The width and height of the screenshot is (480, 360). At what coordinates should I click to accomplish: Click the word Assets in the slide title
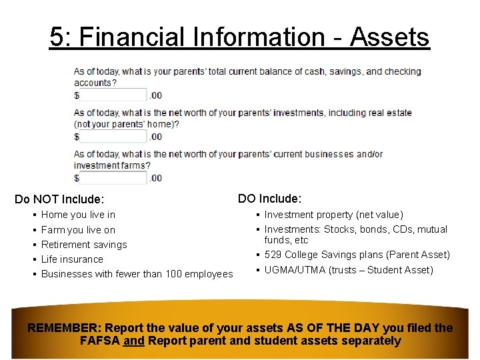click(391, 37)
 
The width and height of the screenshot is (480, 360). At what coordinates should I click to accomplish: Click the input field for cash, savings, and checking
click(113, 95)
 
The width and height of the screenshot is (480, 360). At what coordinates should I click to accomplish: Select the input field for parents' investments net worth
click(113, 137)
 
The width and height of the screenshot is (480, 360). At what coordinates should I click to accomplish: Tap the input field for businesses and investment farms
click(113, 178)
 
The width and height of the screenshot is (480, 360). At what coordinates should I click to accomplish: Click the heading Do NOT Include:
click(59, 199)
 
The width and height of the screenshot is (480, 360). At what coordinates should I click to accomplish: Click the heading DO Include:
click(269, 199)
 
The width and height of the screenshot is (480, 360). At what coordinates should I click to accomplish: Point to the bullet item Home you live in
click(78, 215)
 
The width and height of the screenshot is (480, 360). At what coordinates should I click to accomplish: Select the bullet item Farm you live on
click(78, 230)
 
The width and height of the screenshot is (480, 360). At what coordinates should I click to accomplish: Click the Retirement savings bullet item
click(84, 245)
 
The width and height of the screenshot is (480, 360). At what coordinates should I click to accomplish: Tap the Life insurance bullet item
click(72, 259)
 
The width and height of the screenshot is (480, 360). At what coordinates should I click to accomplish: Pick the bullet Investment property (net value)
click(333, 215)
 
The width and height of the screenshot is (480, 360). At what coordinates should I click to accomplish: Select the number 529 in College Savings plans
click(273, 255)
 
